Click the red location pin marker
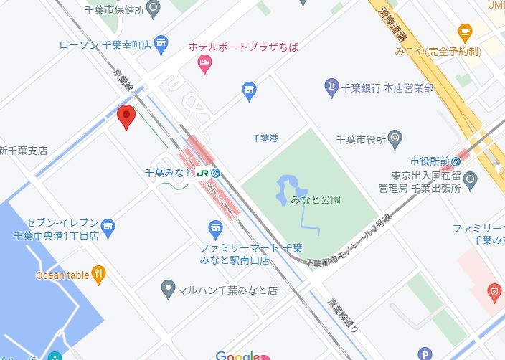pyautogui.click(x=127, y=116)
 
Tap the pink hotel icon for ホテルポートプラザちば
pyautogui.click(x=204, y=65)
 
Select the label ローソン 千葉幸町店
pyautogui.click(x=105, y=45)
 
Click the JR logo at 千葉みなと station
pyautogui.click(x=203, y=173)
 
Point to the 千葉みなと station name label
pyautogui.click(x=169, y=173)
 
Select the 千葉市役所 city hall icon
pyautogui.click(x=395, y=138)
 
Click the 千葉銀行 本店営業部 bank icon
pyautogui.click(x=331, y=88)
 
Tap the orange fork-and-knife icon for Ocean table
pyautogui.click(x=98, y=274)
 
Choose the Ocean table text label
pyautogui.click(x=62, y=275)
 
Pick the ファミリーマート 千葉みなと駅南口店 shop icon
pyautogui.click(x=215, y=229)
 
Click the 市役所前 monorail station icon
pyautogui.click(x=456, y=161)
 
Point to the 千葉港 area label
pyautogui.click(x=265, y=138)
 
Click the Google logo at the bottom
pyautogui.click(x=237, y=356)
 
